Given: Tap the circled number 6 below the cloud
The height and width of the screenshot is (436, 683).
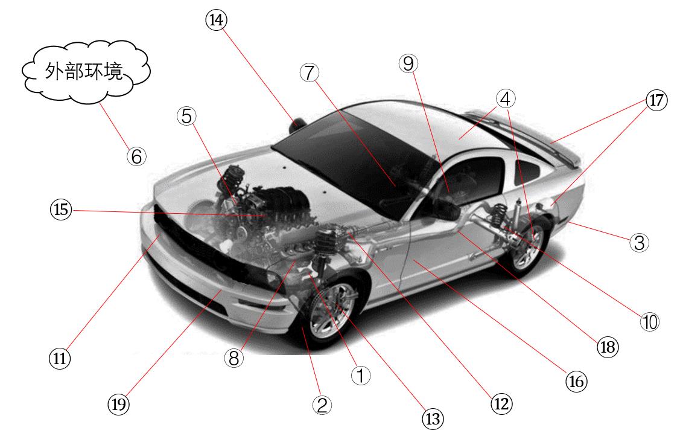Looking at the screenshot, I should point(136,156).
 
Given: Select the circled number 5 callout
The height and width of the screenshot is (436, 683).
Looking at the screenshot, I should point(187,116).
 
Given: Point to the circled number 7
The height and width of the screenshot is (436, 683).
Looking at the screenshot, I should point(308,72).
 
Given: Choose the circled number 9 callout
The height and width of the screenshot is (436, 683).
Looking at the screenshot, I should point(408,63).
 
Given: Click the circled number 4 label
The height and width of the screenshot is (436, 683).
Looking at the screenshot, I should point(506,98).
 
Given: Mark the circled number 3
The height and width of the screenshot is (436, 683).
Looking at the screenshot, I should point(639,243).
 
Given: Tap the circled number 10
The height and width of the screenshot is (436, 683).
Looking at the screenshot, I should point(650,322).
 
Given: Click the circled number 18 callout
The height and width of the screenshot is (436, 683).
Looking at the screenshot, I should point(608,347).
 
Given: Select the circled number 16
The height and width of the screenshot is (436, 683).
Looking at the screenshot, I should point(576,380).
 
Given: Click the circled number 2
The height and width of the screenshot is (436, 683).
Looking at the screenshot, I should point(322,405).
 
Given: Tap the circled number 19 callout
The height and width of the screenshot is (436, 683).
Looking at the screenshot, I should point(119,404).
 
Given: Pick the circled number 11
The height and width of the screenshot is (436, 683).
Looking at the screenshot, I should point(60,358).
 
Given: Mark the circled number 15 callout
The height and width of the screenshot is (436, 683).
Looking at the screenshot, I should point(61,210).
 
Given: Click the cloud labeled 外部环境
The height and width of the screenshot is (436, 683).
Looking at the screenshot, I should point(85,72).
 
